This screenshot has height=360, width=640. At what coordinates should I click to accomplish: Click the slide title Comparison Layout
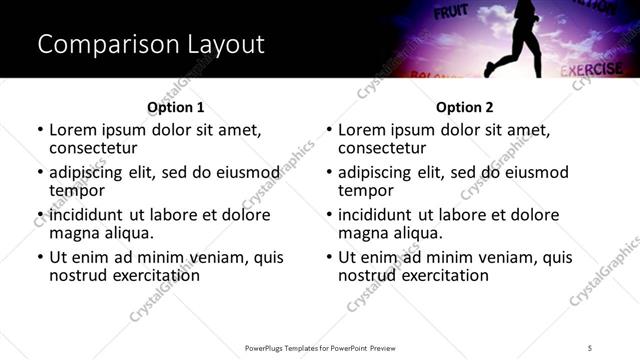click(x=150, y=45)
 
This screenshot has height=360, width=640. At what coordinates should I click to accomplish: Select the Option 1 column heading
click(x=175, y=107)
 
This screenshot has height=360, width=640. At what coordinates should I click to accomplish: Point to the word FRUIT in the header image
click(x=451, y=13)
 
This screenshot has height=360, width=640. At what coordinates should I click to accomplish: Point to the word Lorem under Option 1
click(x=73, y=130)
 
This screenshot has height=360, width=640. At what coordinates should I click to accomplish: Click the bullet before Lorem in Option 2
click(x=329, y=131)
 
